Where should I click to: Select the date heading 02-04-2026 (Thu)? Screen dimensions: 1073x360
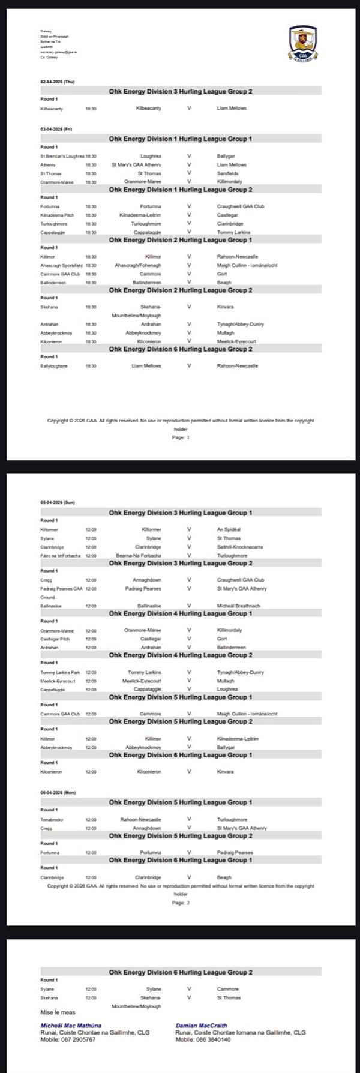point(58,82)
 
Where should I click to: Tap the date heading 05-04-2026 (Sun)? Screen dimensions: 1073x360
point(58,502)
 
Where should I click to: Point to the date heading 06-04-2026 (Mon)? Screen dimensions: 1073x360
point(58,792)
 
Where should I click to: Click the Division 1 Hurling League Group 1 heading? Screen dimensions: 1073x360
point(181,139)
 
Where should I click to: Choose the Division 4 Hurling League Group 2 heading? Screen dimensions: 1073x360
point(181,655)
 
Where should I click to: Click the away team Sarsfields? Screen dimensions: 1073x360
point(227,173)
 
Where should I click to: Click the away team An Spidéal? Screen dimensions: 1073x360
point(227,530)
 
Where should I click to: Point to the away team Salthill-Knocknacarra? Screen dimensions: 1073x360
point(239,547)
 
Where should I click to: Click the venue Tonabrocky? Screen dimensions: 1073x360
point(52,819)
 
